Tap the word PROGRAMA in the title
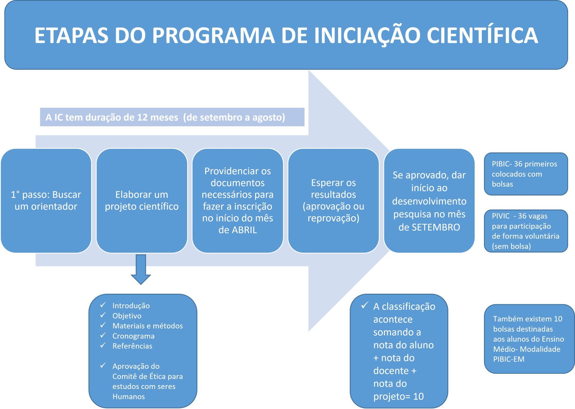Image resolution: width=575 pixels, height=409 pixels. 214,35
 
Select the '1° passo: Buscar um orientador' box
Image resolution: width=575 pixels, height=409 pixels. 46,200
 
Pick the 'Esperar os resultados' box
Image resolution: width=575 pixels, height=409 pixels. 333,200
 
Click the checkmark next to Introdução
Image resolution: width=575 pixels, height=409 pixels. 103,305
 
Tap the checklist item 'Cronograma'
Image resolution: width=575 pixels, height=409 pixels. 133,336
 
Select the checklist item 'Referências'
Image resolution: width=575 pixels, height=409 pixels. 132,346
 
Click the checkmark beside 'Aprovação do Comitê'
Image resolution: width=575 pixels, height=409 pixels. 103,366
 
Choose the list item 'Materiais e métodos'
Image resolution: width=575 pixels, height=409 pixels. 147,326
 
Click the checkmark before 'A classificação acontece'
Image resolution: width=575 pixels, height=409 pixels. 364,305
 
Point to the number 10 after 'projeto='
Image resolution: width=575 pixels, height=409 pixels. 418,396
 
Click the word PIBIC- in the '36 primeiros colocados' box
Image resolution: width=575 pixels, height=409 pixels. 502,164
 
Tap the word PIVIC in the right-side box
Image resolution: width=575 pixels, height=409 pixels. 500,216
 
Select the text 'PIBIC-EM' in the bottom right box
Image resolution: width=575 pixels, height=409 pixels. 509,359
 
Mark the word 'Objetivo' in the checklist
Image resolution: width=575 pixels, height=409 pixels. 127,316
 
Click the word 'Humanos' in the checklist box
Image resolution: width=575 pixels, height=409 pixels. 128,397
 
